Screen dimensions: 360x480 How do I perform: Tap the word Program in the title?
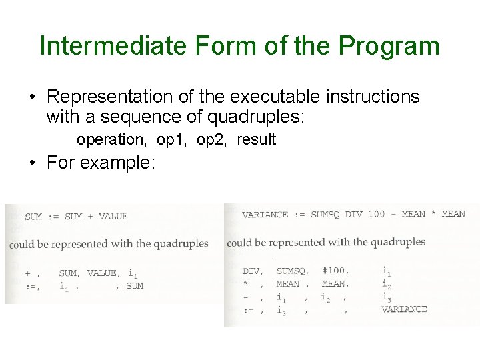click(389, 46)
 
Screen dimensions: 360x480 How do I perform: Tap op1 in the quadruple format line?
click(171, 140)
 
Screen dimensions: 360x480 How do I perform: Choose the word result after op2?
click(256, 140)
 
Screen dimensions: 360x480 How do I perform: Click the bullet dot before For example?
click(33, 163)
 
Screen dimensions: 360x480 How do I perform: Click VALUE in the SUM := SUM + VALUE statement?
click(113, 216)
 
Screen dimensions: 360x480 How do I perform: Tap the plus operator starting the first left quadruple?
click(27, 273)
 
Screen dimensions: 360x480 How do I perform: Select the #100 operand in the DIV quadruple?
click(333, 271)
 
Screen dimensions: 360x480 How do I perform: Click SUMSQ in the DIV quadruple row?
click(290, 271)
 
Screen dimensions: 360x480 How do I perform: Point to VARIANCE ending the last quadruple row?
click(404, 309)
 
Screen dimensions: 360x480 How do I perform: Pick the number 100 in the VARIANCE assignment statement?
click(376, 214)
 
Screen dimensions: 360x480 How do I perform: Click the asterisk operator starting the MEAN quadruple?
click(246, 284)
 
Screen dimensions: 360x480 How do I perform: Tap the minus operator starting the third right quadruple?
click(246, 297)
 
